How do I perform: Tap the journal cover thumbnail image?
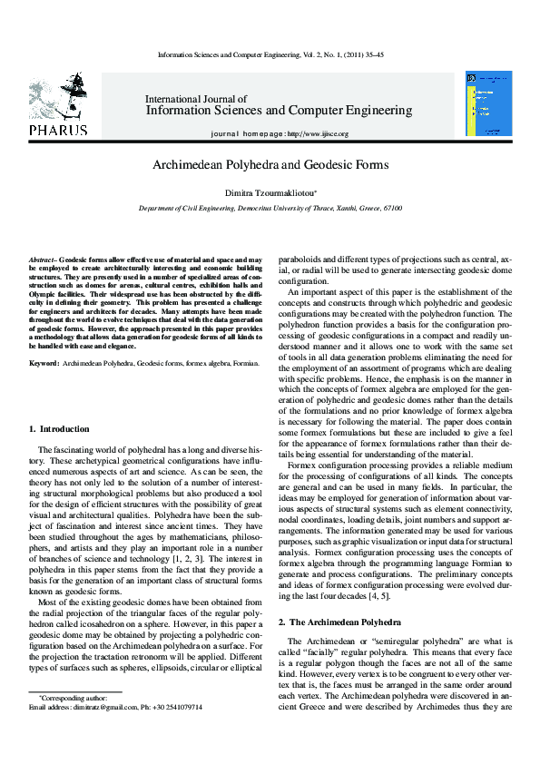(x=488, y=103)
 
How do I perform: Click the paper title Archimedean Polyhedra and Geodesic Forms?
(x=270, y=165)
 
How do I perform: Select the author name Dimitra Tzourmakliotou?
(x=269, y=192)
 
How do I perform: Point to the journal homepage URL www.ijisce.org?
(x=317, y=133)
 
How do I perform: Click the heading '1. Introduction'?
(x=59, y=428)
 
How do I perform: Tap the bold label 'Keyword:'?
(x=44, y=363)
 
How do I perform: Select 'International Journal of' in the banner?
(x=196, y=98)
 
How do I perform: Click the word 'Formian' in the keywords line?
(x=245, y=363)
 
